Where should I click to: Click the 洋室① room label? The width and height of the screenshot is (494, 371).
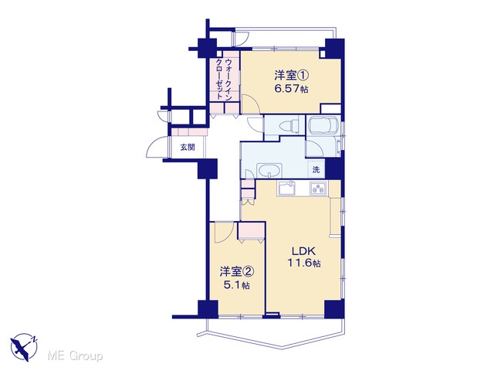[291, 75]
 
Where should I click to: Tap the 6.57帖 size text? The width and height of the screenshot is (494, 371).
[291, 89]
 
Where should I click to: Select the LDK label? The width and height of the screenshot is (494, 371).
[303, 251]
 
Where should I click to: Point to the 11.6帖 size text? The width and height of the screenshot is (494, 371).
[303, 263]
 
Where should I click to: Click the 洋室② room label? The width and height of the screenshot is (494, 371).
[237, 271]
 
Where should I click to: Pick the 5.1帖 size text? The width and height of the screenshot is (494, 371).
[237, 285]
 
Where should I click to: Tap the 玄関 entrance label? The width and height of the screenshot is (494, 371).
[188, 147]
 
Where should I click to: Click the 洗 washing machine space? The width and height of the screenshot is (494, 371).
[316, 170]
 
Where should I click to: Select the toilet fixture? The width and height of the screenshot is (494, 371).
[289, 125]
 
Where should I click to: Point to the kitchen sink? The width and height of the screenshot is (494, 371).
[286, 188]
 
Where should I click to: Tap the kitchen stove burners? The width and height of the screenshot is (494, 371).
[319, 189]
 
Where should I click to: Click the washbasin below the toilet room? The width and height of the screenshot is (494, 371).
[269, 171]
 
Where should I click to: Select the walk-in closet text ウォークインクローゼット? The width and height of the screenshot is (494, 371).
[223, 79]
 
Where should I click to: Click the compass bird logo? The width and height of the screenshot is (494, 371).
[24, 347]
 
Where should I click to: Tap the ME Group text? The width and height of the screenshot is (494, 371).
[75, 356]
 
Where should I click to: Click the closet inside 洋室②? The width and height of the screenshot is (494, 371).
[251, 230]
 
